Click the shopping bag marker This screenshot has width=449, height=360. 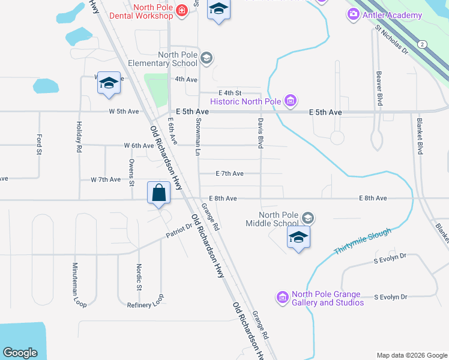[158, 194]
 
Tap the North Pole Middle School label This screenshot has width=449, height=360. [280, 220]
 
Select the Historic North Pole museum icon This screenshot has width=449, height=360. [291, 100]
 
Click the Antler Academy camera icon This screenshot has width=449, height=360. [354, 14]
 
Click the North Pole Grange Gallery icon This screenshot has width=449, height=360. [282, 297]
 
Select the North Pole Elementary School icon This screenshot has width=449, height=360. [206, 58]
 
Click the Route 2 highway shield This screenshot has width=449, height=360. [423, 44]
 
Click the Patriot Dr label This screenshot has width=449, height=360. [179, 227]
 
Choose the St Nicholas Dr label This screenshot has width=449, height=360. [391, 40]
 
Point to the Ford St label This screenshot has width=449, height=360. [39, 145]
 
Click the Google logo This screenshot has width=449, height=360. [20, 353]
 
